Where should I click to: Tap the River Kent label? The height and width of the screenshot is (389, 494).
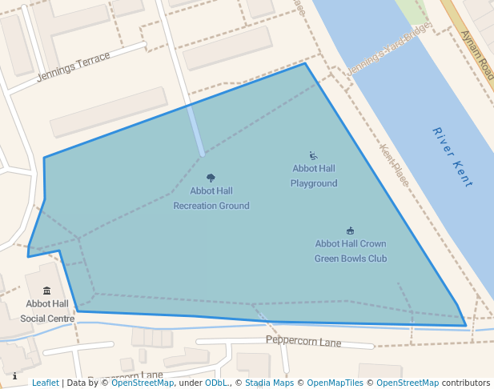tap(452, 157)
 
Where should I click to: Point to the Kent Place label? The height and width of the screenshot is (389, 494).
tap(395, 166)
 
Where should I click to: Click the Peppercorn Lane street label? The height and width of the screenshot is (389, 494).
tap(303, 342)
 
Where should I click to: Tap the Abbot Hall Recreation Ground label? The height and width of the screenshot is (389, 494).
tap(211, 199)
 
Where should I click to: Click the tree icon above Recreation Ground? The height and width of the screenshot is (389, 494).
tap(211, 178)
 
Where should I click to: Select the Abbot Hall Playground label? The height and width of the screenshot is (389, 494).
tap(314, 176)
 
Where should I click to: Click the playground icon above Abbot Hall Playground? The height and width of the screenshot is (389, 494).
tap(314, 155)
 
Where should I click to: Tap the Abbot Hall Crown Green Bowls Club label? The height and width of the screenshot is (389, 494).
tap(351, 251)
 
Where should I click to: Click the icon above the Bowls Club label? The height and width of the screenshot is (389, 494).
tap(351, 231)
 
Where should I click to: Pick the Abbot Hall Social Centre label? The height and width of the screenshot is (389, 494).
tap(47, 311)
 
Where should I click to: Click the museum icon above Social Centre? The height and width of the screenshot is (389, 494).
tap(47, 291)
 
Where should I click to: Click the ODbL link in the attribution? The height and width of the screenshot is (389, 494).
tap(216, 383)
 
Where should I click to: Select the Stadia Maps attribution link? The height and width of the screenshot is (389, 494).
tap(269, 383)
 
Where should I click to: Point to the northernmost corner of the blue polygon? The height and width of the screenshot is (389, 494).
tap(305, 63)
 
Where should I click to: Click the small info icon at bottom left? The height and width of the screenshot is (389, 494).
tap(14, 375)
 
